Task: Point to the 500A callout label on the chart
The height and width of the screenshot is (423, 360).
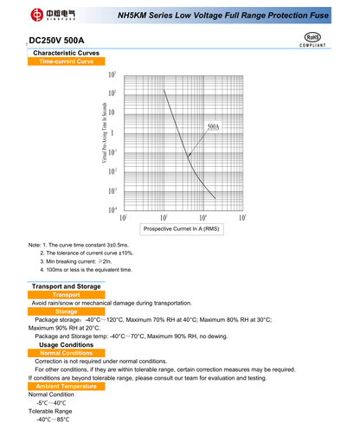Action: pyautogui.click(x=213, y=127)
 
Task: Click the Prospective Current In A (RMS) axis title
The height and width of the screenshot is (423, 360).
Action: pyautogui.click(x=183, y=228)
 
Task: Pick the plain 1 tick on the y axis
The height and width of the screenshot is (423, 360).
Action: pyautogui.click(x=112, y=132)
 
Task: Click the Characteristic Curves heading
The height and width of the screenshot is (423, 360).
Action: pyautogui.click(x=67, y=54)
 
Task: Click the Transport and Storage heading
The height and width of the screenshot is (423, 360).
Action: pyautogui.click(x=67, y=286)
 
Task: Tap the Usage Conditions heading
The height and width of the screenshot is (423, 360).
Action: pyautogui.click(x=67, y=344)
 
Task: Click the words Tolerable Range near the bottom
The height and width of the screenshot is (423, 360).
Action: pyautogui.click(x=50, y=411)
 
